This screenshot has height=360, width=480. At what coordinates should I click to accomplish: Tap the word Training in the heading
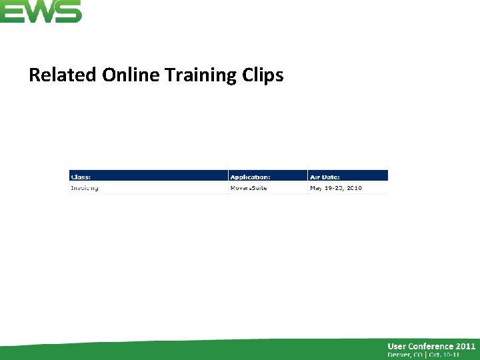[x=197, y=75]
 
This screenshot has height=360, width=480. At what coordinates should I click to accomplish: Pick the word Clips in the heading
[x=261, y=75]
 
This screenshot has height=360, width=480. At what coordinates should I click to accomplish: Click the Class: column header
[x=81, y=177]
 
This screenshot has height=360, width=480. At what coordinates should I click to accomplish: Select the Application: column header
[x=250, y=177]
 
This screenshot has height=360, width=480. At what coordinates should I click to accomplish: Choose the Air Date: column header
[x=325, y=177]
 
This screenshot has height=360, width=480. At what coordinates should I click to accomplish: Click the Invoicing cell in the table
[x=85, y=188]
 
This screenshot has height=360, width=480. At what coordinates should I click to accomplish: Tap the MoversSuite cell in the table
[x=249, y=188]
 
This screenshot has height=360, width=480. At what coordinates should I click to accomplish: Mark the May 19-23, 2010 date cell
[x=336, y=188]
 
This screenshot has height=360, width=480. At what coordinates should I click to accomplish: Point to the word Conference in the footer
[x=434, y=346]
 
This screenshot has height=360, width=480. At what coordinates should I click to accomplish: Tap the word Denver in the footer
[x=401, y=355]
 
